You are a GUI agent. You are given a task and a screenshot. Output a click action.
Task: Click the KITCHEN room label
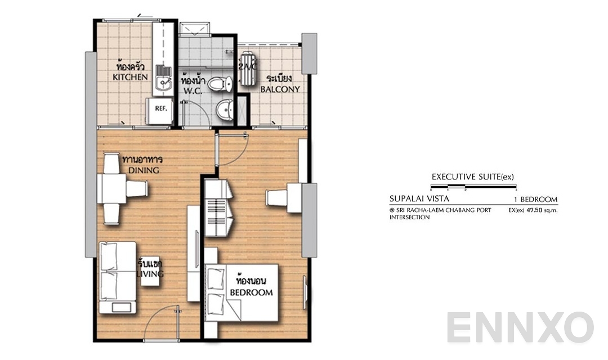click(130, 76)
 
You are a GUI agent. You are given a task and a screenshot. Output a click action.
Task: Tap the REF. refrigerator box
click(159, 110)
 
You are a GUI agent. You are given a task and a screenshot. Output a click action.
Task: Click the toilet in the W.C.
click(219, 84)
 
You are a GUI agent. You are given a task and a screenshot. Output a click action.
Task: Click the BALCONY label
click(279, 89)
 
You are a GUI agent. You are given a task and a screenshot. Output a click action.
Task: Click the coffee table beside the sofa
click(149, 270)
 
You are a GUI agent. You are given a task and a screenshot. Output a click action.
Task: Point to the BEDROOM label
click(251, 292)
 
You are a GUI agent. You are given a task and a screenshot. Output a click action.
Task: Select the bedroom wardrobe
click(218, 208)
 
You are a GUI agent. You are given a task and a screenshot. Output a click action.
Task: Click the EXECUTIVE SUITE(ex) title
click(472, 177)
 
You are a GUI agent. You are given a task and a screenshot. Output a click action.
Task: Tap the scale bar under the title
click(473, 186)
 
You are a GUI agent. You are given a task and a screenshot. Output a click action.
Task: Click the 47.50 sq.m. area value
click(537, 210)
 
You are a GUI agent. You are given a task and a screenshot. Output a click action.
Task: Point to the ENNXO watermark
click(520, 327)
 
